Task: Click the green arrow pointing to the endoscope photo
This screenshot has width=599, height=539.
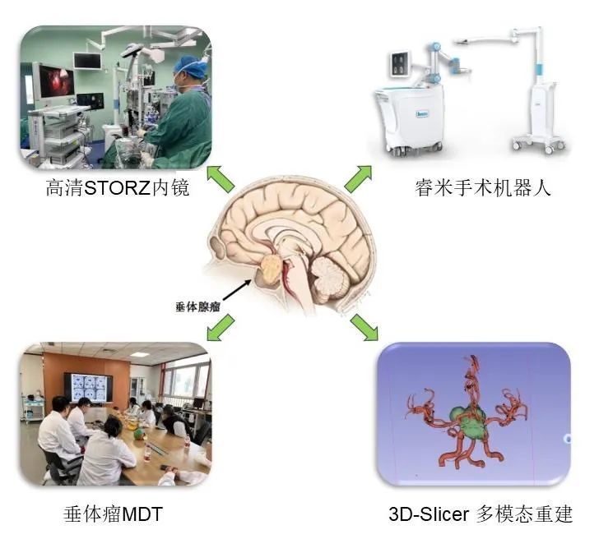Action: [220, 179]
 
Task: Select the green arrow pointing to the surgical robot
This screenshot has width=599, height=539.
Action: [358, 178]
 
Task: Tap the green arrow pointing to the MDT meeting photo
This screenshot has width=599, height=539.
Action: [220, 328]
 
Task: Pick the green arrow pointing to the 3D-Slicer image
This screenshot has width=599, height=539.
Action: [365, 327]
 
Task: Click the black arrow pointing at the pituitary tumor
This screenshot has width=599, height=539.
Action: [237, 290]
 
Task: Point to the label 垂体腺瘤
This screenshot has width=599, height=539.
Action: [197, 306]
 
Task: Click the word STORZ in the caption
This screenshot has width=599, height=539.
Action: [117, 188]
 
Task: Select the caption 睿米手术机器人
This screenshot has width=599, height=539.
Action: [483, 187]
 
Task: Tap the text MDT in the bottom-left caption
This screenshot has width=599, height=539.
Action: [142, 514]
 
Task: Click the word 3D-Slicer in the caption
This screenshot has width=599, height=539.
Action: [428, 514]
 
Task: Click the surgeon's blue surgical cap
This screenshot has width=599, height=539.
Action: [188, 64]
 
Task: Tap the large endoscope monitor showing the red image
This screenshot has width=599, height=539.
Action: [56, 81]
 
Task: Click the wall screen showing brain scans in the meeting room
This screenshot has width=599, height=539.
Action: [88, 387]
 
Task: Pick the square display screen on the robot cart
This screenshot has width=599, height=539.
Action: [400, 63]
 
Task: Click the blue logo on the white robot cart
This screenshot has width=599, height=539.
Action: [422, 113]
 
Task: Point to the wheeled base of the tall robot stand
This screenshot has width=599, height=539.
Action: [539, 142]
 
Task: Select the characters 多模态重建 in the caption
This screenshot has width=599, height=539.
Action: [524, 514]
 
